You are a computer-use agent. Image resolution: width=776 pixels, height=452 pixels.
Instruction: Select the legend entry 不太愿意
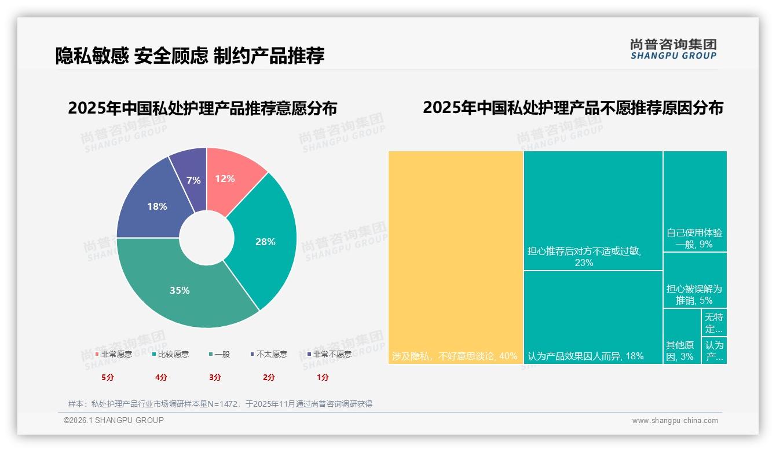pyautogui.click(x=271, y=354)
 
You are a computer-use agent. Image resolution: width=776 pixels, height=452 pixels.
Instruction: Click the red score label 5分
pyautogui.click(x=108, y=377)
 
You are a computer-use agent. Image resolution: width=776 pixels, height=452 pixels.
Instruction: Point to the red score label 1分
pyautogui.click(x=323, y=377)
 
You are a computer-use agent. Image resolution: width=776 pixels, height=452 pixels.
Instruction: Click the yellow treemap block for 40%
pyautogui.click(x=456, y=257)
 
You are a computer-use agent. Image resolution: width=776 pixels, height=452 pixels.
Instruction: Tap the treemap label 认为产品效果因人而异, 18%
pyautogui.click(x=585, y=356)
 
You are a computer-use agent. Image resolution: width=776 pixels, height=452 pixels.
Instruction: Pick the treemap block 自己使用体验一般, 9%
pyautogui.click(x=694, y=238)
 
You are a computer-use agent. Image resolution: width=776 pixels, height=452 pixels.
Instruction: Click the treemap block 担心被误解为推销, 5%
pyautogui.click(x=694, y=294)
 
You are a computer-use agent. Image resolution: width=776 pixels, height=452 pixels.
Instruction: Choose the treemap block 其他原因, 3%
pyautogui.click(x=680, y=351)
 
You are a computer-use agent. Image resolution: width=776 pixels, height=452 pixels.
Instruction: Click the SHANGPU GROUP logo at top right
pyautogui.click(x=673, y=49)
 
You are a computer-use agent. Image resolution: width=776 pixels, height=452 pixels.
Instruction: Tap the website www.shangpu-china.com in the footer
pyautogui.click(x=675, y=421)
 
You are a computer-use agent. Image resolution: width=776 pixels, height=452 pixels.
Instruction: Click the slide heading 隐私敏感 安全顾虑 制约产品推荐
pyautogui.click(x=190, y=56)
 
